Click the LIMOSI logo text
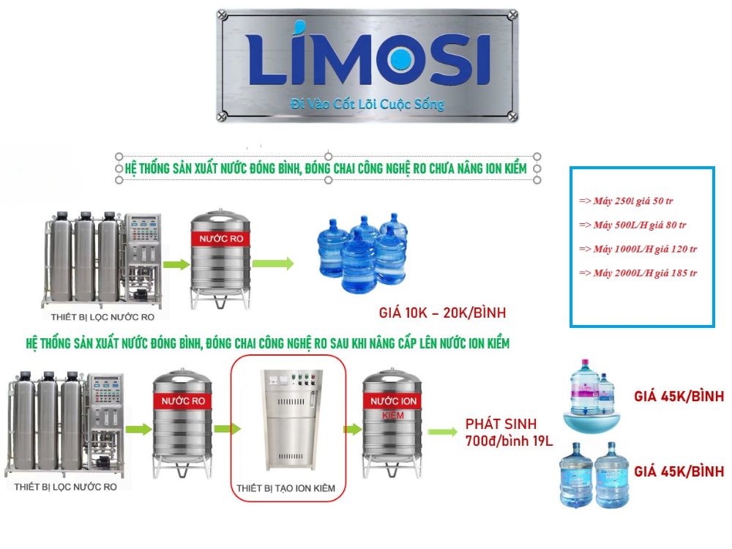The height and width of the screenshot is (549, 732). click(x=369, y=53)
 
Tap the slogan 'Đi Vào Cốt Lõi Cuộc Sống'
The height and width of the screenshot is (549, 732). click(x=367, y=104)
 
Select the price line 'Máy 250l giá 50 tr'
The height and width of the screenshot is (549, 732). click(x=626, y=201)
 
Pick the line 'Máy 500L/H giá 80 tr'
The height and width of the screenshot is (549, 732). click(x=632, y=225)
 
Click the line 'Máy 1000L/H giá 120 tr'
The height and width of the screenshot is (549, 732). click(x=638, y=249)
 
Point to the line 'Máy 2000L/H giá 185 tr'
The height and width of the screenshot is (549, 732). click(x=638, y=273)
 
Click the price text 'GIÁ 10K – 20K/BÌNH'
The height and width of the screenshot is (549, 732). click(x=442, y=313)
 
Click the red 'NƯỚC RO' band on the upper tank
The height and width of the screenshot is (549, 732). click(x=221, y=239)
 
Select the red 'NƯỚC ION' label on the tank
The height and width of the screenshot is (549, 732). click(x=393, y=401)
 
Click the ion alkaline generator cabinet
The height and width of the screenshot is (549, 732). click(x=291, y=419)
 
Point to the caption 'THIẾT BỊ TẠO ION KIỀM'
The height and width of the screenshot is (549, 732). click(x=285, y=488)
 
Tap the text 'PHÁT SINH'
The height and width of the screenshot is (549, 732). click(x=501, y=424)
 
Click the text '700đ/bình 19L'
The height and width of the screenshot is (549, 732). click(x=509, y=441)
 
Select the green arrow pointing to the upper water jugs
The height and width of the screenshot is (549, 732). click(x=273, y=264)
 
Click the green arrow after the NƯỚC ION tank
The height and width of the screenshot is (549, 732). click(x=442, y=432)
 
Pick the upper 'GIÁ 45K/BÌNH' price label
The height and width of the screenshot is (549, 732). click(x=679, y=396)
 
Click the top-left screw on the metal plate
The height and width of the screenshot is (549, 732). click(x=223, y=15)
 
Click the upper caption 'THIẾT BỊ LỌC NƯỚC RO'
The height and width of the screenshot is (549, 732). click(x=102, y=318)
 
